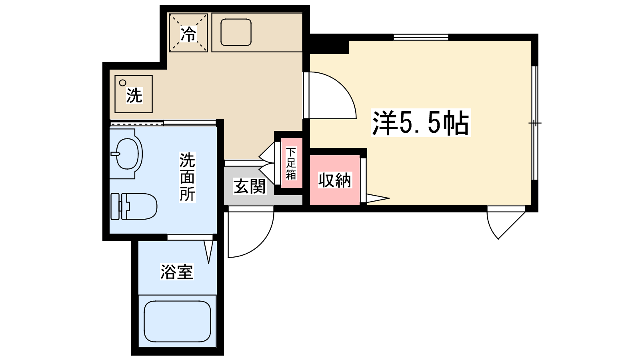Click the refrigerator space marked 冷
point(188,33)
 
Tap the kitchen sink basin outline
point(236,32)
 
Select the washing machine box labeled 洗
point(134,94)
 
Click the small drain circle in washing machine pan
point(122,83)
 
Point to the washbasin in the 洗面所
point(127,154)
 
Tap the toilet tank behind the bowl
point(115,206)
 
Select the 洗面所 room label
point(187,177)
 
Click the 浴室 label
point(177,272)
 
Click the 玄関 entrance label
point(250,186)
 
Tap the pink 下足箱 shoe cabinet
point(291,163)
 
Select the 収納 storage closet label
point(335,180)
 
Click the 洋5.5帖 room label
point(420,123)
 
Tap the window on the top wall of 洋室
point(421,37)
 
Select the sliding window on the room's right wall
point(535,123)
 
